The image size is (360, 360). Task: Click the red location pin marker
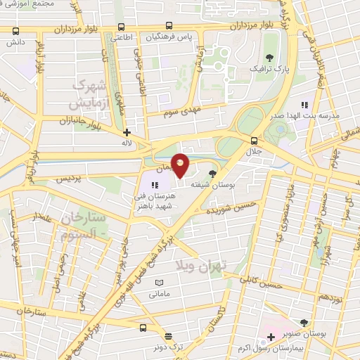click(181, 165)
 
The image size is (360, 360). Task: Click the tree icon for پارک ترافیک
click(269, 56)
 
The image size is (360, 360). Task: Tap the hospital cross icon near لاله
click(127, 132)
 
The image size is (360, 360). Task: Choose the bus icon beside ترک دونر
click(143, 328)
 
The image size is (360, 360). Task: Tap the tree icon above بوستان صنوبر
click(304, 321)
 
